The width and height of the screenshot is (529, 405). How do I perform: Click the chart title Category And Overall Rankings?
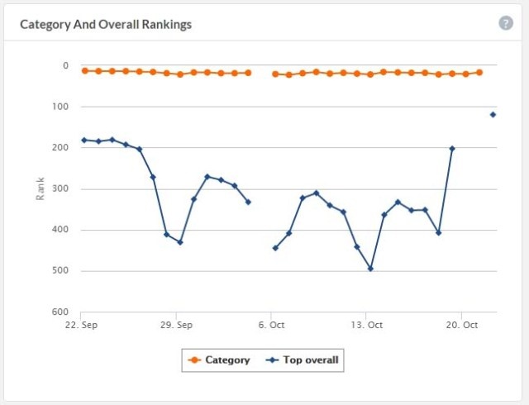106,25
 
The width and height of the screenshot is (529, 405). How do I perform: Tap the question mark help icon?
506,23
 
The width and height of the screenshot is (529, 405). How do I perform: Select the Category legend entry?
219,360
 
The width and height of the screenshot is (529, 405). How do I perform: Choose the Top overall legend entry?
302,360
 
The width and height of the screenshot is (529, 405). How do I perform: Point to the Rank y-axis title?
41,188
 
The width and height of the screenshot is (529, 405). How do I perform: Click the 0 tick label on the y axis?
65,66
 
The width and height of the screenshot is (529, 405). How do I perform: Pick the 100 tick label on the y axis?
60,107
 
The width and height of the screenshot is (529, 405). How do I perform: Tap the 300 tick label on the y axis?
60,188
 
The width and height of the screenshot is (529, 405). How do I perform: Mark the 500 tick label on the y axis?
60,270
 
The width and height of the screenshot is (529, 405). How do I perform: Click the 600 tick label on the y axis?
60,312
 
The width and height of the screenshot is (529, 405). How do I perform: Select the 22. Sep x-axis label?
81,325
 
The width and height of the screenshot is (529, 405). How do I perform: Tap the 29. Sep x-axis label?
176,325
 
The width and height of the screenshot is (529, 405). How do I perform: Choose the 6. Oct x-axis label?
271,325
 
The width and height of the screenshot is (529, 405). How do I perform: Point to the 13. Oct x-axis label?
367,325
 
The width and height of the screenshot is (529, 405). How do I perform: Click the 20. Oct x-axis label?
462,325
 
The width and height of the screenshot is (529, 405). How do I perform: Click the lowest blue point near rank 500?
370,269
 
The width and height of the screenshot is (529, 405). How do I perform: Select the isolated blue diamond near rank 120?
493,115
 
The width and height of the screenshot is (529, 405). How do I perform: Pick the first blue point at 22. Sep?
84,140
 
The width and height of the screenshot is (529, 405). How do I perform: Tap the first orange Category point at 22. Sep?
84,70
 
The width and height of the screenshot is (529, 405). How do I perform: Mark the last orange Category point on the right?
479,72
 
